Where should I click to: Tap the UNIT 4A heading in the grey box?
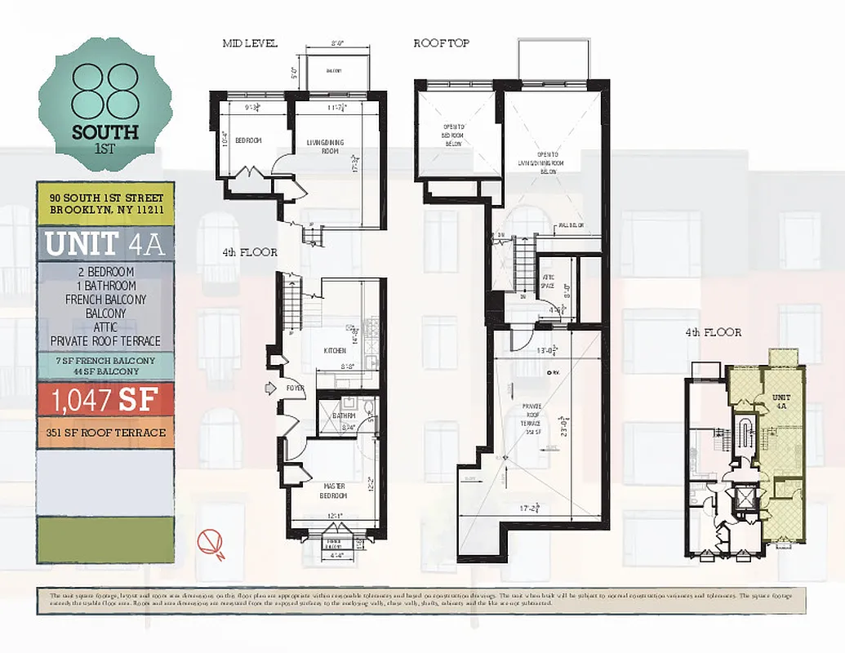point(105,243)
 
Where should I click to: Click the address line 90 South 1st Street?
point(106,198)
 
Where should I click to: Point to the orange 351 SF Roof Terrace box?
point(105,433)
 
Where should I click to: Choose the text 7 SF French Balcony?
point(105,360)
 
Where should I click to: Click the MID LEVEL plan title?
point(250,43)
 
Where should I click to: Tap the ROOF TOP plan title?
point(441,43)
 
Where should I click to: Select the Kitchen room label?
point(335,349)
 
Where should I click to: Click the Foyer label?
point(295,389)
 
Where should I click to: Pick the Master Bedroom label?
point(333,491)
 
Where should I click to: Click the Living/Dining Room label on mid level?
point(325,147)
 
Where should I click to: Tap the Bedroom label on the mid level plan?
point(248,141)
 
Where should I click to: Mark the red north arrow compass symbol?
point(212,542)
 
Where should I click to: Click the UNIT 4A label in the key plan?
point(781,401)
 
